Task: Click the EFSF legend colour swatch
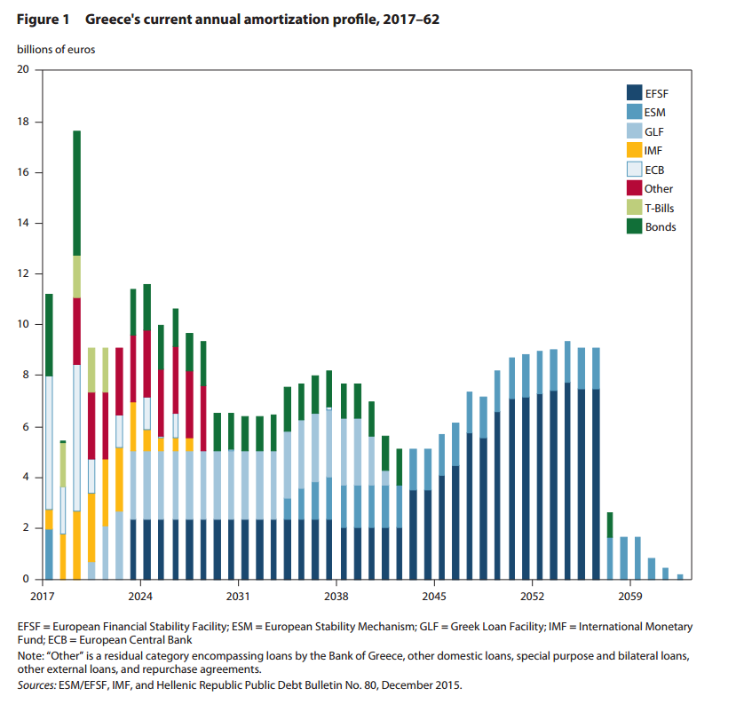[x=634, y=92]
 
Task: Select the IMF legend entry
[x=652, y=150]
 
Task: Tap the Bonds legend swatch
[x=634, y=226]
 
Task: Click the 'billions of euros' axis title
[x=56, y=50]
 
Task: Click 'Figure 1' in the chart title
[x=43, y=20]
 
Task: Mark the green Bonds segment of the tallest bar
[x=77, y=193]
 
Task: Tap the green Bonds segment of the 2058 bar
[x=610, y=525]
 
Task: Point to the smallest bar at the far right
[x=680, y=577]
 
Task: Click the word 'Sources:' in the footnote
[x=38, y=685]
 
